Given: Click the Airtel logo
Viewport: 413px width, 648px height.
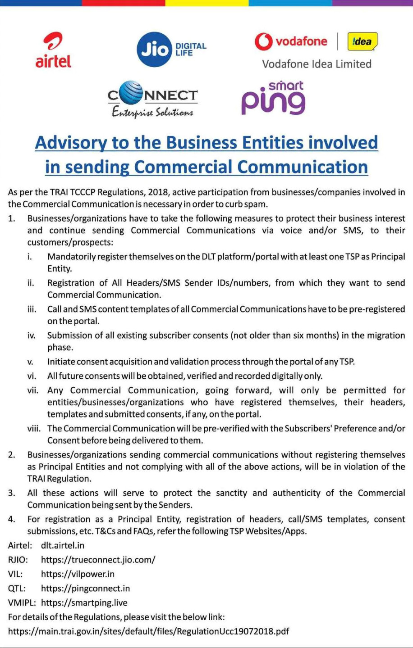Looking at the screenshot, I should point(53,50).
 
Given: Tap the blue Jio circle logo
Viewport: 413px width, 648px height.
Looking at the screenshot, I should point(155,50).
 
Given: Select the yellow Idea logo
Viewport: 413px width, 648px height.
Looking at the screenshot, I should point(362,42).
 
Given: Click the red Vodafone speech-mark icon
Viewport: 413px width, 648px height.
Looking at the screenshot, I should point(263,41).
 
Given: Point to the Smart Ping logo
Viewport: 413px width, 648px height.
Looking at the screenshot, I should point(273,98).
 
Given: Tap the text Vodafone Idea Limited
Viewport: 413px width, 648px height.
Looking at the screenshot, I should point(317,64).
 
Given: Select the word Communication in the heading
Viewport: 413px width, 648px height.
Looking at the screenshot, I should point(303,167).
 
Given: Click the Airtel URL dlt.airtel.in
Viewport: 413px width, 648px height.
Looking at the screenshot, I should point(63,545).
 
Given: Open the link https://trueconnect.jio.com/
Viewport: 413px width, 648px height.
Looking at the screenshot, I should point(98,560).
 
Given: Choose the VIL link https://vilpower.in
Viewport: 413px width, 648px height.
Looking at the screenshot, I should point(78,574).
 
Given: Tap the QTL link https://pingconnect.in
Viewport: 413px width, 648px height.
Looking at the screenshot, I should point(85,589).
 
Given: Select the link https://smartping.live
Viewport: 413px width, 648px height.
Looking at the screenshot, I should point(84,603).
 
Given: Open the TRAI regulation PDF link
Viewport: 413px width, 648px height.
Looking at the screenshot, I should point(149,631).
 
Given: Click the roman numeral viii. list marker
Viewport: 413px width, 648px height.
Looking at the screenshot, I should point(34,428).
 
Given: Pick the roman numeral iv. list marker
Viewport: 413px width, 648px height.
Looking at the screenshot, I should point(31,335).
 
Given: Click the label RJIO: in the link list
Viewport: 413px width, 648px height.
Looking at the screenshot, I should point(18,560).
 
